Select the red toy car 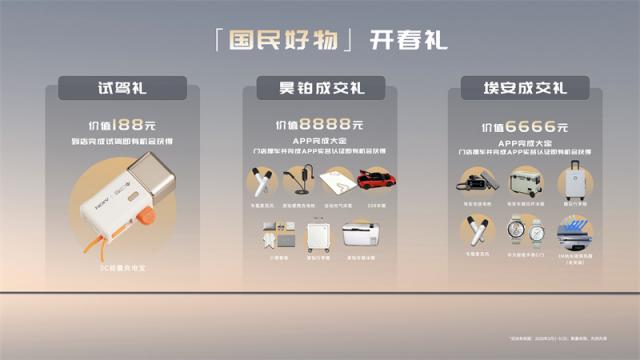pyautogui.click(x=377, y=181)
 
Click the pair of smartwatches pyautogui.click(x=524, y=231)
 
